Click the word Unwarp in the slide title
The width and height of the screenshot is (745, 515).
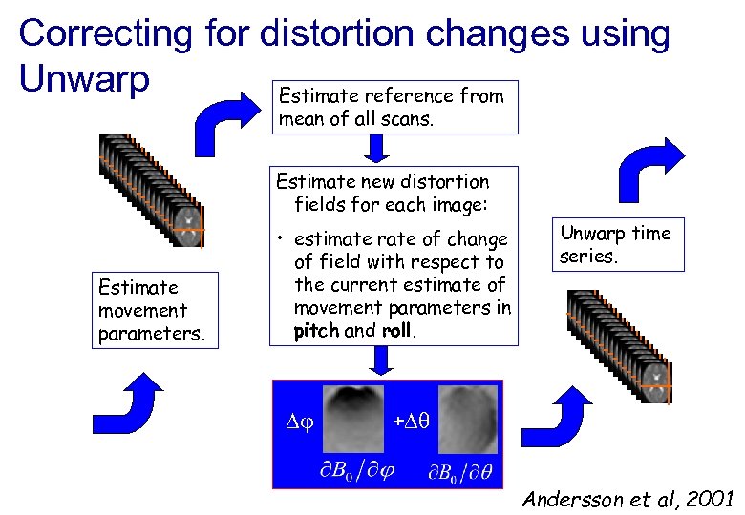point(84,79)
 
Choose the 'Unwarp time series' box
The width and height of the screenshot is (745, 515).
point(616,244)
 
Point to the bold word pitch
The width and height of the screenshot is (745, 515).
point(315,331)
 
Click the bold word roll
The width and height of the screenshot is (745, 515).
point(396,331)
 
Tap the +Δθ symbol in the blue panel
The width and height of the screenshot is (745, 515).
point(413,420)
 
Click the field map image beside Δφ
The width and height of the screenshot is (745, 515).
point(352,418)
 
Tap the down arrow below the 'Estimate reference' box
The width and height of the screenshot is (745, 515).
point(377,149)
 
